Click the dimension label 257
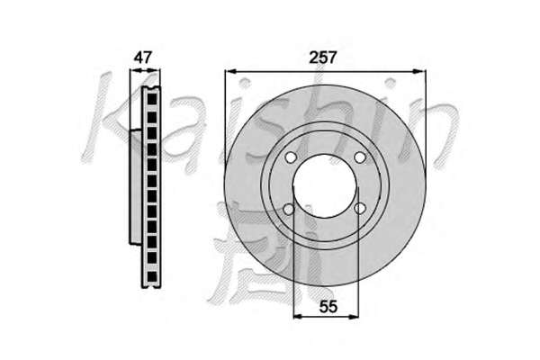322,58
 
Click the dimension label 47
143,58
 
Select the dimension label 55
328,306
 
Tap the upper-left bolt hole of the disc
291,157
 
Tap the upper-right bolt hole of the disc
360,157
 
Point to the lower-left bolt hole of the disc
289,209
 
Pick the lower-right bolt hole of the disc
360,208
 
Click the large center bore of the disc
326,186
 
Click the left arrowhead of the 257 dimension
229,71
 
